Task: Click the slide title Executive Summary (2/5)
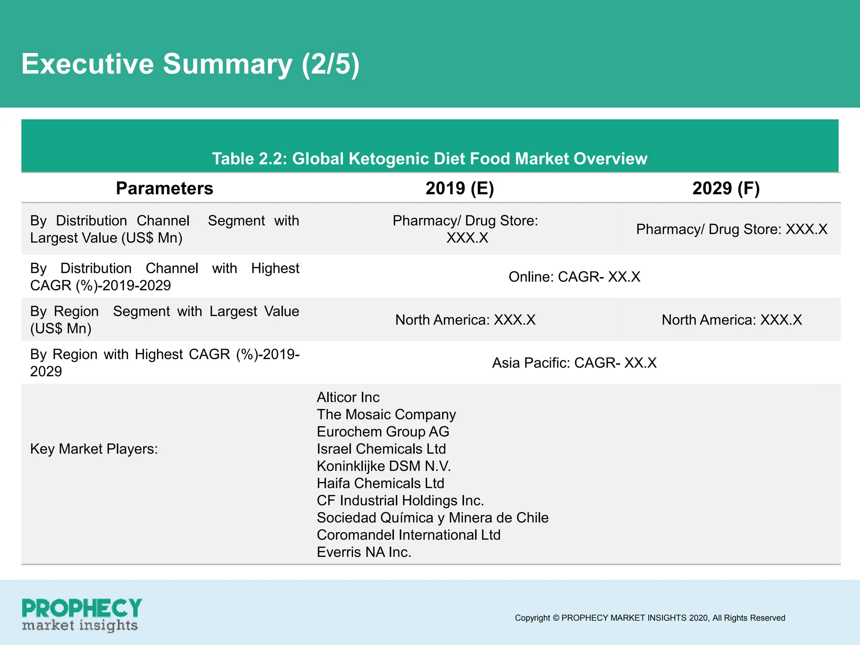click(x=190, y=64)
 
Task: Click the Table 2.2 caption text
click(x=430, y=159)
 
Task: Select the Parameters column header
click(x=164, y=188)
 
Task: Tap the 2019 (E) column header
click(x=459, y=188)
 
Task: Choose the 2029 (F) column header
click(x=726, y=188)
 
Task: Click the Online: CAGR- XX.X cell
click(x=574, y=277)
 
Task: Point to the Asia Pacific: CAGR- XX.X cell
click(x=574, y=363)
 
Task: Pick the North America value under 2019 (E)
click(x=465, y=320)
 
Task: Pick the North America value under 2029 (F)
click(x=732, y=320)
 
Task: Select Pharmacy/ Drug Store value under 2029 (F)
click(x=732, y=229)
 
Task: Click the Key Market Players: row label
click(x=94, y=449)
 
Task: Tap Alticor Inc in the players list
click(x=348, y=397)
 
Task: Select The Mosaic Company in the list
click(x=386, y=414)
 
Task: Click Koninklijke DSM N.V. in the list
click(x=383, y=466)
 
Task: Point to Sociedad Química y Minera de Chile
click(x=433, y=518)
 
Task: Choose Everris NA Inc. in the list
click(x=364, y=552)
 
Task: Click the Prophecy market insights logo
click(x=81, y=615)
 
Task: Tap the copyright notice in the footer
click(x=650, y=618)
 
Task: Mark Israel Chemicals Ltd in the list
click(x=381, y=449)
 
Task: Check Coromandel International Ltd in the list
click(x=409, y=535)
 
